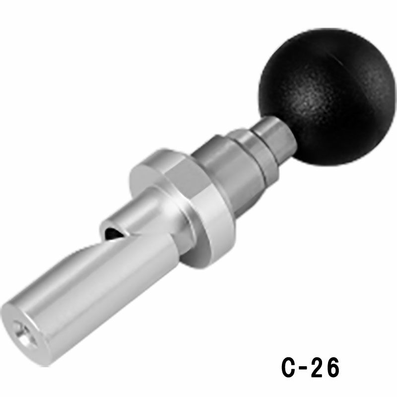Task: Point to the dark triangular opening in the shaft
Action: (114, 233)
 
